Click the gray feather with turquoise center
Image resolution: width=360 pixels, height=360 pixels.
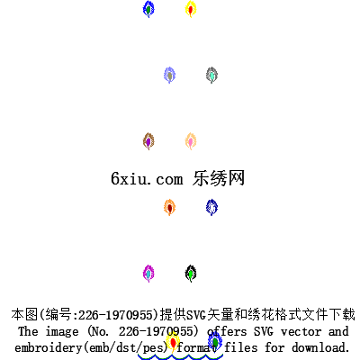[211, 75]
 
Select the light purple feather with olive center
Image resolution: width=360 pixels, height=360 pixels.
[170, 75]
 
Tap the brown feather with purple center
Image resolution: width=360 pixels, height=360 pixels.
[148, 141]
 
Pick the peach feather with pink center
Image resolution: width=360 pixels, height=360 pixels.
[191, 141]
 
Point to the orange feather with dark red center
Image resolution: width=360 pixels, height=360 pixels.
[170, 207]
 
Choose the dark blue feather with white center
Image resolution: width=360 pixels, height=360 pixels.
[211, 207]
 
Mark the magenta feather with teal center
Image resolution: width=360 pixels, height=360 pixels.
[148, 274]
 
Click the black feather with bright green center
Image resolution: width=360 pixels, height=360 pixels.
[191, 274]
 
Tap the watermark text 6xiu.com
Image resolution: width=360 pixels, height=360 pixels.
[147, 179]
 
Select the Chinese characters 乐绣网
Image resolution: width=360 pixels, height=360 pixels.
[219, 178]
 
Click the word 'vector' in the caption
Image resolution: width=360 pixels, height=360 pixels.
[301, 331]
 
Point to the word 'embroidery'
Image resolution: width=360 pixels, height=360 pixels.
[48, 348]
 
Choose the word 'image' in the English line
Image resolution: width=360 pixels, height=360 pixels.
[62, 332]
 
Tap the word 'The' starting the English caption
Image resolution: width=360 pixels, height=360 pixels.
[28, 331]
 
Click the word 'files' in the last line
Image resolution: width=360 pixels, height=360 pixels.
[241, 347]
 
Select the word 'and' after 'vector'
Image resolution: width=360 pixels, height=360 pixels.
[338, 331]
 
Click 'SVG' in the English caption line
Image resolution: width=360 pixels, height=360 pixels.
[264, 331]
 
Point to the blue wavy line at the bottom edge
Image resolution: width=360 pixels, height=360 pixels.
[180, 357]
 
